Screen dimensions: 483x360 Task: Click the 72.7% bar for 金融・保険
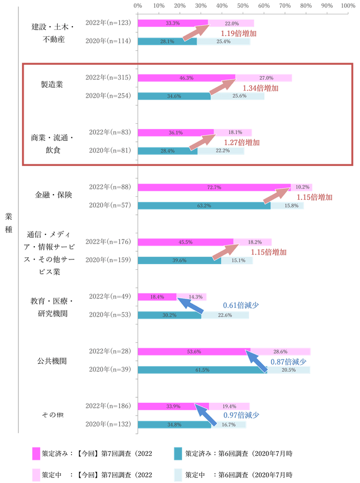coord(214,188)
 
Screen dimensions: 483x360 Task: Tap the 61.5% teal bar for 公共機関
coord(203,370)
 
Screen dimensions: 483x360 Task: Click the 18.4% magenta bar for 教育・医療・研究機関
coord(157,297)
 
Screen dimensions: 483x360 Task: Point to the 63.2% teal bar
coord(205,206)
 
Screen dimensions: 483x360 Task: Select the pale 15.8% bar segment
coord(287,206)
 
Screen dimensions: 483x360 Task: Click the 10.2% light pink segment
coord(302,188)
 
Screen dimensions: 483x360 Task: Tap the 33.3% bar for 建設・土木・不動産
coord(173,23)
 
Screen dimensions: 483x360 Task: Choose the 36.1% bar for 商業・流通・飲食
coord(176,133)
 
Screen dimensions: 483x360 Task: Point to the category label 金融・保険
coord(53,195)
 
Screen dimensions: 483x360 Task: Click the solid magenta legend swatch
coord(35,453)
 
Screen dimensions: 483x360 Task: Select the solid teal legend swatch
coord(178,453)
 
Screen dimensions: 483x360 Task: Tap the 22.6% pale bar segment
coord(225,315)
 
